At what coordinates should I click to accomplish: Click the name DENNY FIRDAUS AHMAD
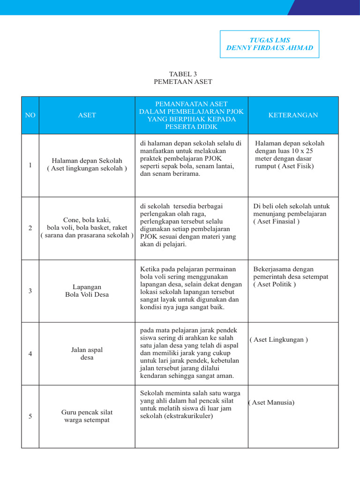(x=270, y=48)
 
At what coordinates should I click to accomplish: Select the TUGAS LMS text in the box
(x=270, y=40)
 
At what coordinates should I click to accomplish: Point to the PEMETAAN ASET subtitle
(x=183, y=82)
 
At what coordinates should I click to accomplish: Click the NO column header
(x=30, y=115)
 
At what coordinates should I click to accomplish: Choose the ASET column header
(x=87, y=115)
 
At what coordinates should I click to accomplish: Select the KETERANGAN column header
(x=293, y=115)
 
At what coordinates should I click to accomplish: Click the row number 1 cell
(x=30, y=165)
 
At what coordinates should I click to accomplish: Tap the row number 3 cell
(x=30, y=291)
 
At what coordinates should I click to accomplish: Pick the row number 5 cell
(x=30, y=416)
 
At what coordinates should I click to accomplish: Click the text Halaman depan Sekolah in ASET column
(x=87, y=161)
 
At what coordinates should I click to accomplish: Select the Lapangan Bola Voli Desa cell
(x=87, y=291)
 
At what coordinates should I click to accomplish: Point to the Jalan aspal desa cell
(x=87, y=353)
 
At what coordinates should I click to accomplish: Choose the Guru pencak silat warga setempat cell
(x=87, y=416)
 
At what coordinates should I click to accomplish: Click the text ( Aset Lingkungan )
(x=278, y=340)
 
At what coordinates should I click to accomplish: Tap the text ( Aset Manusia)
(x=271, y=403)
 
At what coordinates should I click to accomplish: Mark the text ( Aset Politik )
(x=275, y=285)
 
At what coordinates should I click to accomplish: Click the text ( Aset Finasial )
(x=276, y=222)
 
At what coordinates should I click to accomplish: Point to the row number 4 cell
(x=30, y=353)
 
